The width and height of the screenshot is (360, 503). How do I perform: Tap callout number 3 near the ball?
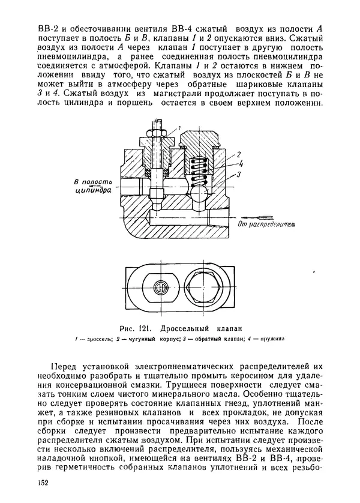click(x=238, y=173)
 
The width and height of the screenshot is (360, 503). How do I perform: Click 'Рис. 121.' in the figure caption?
click(x=134, y=328)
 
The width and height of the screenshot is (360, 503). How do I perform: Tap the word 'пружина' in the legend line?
click(x=271, y=339)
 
